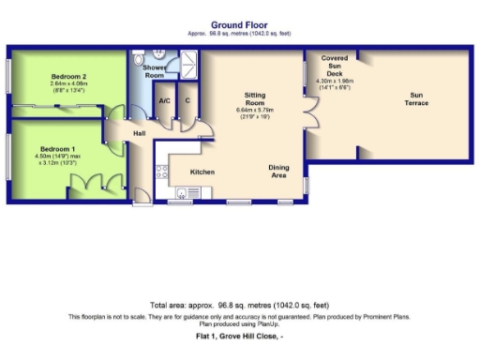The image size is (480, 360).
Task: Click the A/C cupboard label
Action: pyautogui.click(x=164, y=100)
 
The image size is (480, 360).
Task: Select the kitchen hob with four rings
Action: pyautogui.click(x=160, y=172)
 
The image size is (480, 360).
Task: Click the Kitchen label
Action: pyautogui.click(x=203, y=172)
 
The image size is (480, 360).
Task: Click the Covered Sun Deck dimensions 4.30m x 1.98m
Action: pyautogui.click(x=335, y=84)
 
